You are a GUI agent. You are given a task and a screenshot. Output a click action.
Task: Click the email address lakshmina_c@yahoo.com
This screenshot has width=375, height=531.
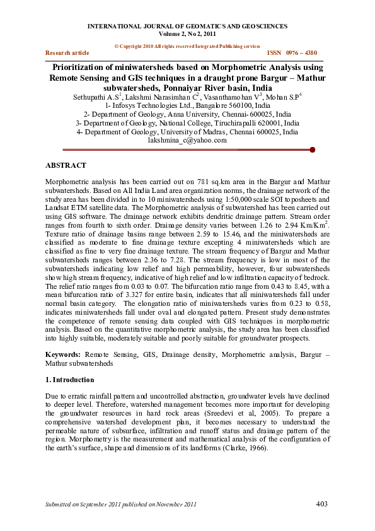(x=187, y=141)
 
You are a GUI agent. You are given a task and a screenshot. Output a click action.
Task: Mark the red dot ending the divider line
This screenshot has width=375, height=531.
(x=313, y=150)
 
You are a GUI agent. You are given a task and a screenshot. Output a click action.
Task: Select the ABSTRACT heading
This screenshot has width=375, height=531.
(x=66, y=165)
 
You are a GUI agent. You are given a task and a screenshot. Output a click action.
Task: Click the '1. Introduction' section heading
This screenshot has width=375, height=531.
(x=69, y=380)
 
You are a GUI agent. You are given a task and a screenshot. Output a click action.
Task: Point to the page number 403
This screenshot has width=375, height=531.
(x=322, y=503)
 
